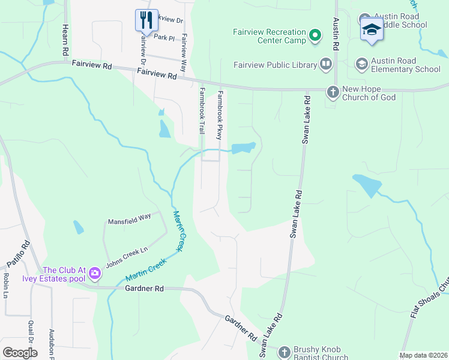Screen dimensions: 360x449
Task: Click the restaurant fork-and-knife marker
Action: (146, 20)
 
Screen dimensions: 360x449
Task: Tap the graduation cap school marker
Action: (372, 29)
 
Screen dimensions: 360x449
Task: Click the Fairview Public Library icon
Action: (326, 64)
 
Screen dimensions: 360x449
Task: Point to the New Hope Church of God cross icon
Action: (333, 92)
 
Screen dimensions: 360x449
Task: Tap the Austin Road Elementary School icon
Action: (361, 64)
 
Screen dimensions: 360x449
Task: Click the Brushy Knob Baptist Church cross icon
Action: (284, 350)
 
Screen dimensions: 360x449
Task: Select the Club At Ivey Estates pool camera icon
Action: (94, 274)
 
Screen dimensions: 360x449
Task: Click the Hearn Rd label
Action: (65, 41)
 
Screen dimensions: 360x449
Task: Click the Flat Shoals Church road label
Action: (429, 299)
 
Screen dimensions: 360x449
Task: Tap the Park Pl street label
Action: (164, 37)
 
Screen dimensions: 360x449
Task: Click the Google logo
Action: (20, 353)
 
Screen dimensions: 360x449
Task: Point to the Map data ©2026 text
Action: (423, 355)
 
